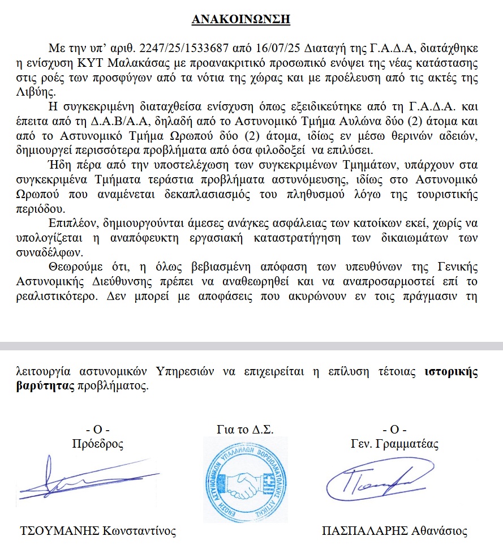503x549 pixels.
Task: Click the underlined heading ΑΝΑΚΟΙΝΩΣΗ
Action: [241, 20]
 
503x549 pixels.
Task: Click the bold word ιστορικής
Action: [451, 372]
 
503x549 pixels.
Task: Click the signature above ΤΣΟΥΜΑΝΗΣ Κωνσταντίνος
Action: [85, 480]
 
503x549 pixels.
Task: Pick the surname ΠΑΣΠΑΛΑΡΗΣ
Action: [358, 531]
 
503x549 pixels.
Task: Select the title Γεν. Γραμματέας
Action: [394, 444]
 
